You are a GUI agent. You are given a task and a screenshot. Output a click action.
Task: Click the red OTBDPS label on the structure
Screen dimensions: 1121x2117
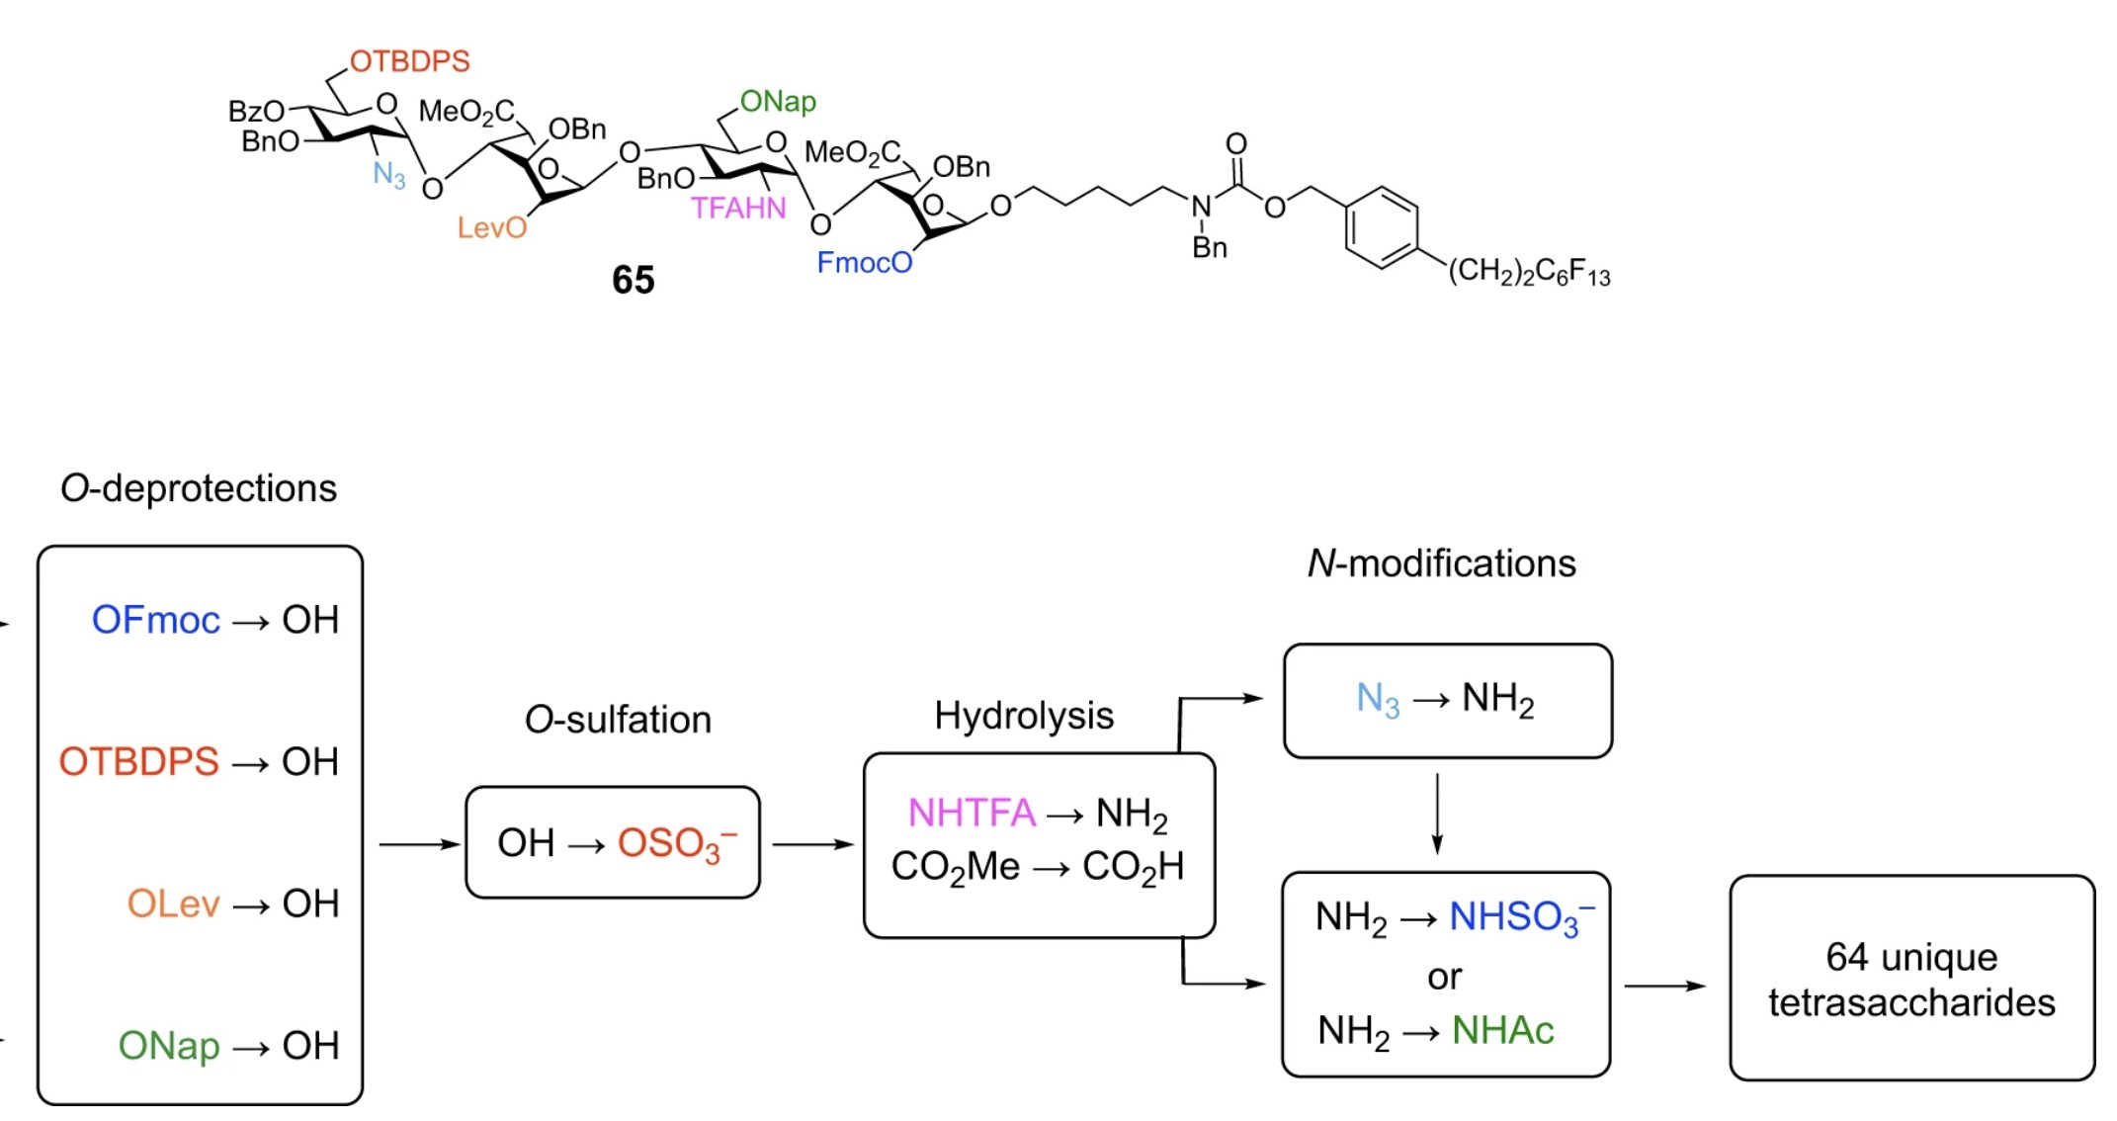(x=409, y=61)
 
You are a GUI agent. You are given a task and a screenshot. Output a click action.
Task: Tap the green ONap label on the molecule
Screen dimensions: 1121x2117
(x=778, y=102)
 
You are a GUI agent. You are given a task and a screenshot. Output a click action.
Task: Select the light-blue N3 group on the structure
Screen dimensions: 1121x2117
(x=388, y=175)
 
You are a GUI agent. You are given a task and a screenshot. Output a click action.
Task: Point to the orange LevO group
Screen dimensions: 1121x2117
(x=491, y=228)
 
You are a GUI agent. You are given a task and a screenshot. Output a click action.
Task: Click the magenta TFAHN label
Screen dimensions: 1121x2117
(x=738, y=209)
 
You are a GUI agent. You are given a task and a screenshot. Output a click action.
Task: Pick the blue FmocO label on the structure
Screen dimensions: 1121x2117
(x=864, y=263)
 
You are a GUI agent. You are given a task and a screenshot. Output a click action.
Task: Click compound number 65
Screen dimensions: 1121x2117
(x=633, y=280)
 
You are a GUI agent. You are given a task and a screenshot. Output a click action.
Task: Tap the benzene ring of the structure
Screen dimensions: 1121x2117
(x=1381, y=228)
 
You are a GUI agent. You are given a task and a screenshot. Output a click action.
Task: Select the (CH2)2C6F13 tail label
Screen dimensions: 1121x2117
(x=1528, y=272)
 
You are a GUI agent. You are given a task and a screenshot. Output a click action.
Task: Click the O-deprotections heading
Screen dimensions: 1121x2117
(x=199, y=488)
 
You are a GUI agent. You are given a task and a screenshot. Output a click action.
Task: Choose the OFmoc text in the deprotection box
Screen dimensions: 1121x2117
(x=155, y=620)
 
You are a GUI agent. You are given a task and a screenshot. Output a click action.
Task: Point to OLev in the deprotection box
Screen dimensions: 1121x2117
(x=173, y=904)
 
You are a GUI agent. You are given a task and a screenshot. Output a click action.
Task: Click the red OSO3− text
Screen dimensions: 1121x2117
(x=677, y=844)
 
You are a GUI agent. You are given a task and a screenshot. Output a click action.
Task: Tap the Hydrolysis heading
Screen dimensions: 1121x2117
(x=1023, y=715)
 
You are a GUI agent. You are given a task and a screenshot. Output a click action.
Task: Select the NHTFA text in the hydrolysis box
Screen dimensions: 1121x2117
(x=971, y=813)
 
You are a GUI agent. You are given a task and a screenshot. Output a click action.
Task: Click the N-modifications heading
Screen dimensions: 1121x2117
(x=1440, y=563)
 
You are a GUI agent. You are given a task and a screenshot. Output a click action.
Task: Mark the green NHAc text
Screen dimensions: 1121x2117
(x=1502, y=1031)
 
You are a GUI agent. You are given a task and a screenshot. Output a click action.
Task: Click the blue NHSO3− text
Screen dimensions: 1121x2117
(x=1521, y=917)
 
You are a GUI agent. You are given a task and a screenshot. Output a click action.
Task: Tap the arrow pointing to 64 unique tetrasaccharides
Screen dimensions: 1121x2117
(x=1665, y=986)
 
